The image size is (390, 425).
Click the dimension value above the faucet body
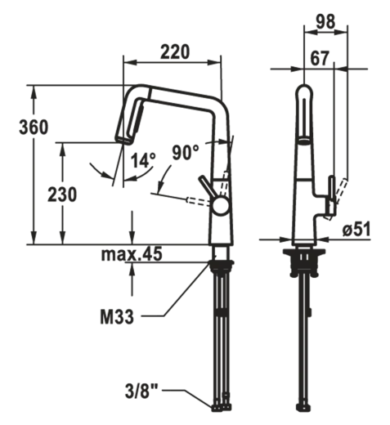pyautogui.click(x=170, y=52)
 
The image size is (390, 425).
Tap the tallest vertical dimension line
pyautogui.click(x=35, y=163)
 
